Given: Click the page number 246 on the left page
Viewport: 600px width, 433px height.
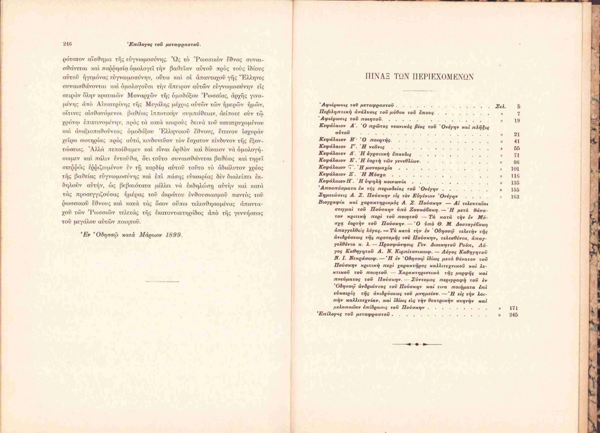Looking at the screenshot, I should (x=67, y=44).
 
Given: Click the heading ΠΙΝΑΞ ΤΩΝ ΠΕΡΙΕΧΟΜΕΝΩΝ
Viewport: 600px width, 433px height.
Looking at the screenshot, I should (x=420, y=77).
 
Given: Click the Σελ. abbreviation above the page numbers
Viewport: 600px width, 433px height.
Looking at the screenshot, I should (x=500, y=106).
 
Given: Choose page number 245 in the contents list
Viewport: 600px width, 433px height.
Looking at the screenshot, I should (x=514, y=315).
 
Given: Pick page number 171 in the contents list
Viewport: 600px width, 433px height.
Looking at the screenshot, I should (x=514, y=308).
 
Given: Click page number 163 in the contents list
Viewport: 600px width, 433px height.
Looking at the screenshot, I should (x=515, y=197).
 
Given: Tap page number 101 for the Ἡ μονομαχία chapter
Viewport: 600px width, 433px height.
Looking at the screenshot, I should (x=515, y=169).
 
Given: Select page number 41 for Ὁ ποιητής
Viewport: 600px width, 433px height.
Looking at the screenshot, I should (x=517, y=141).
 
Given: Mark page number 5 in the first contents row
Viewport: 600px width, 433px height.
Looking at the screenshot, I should (x=518, y=106).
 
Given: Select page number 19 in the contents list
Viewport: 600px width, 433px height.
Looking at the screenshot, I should (x=517, y=120).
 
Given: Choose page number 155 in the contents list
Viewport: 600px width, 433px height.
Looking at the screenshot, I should (x=515, y=190).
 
